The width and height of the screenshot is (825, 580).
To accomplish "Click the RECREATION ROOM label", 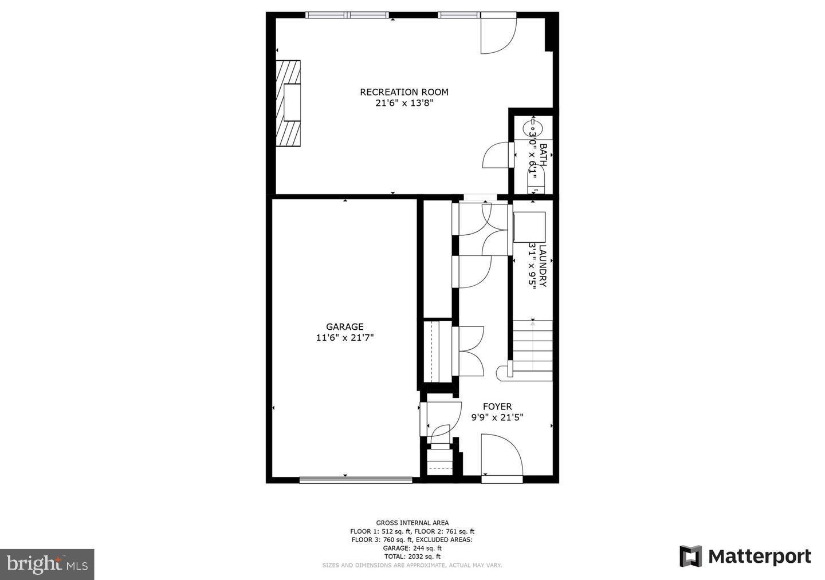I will pyautogui.click(x=404, y=92).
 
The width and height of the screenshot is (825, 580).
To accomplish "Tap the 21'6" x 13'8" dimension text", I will pyautogui.click(x=404, y=104).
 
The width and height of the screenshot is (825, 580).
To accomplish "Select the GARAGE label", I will pyautogui.click(x=345, y=327).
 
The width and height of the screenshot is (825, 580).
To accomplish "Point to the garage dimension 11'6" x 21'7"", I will pyautogui.click(x=345, y=338).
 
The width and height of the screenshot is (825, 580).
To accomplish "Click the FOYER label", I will pyautogui.click(x=497, y=407).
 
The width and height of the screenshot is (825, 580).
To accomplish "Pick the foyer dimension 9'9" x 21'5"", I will pyautogui.click(x=497, y=417).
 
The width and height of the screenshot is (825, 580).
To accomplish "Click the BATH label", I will pyautogui.click(x=543, y=155).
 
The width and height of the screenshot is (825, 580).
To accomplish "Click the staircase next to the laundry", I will pyautogui.click(x=533, y=349).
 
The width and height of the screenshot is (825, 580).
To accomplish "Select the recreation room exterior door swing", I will pyautogui.click(x=497, y=34).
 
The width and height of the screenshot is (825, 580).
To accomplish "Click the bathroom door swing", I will pyautogui.click(x=496, y=155).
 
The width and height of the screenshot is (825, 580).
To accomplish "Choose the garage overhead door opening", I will pyautogui.click(x=355, y=480).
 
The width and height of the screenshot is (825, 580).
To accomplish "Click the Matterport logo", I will pyautogui.click(x=745, y=557).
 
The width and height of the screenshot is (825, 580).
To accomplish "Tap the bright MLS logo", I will pyautogui.click(x=47, y=565).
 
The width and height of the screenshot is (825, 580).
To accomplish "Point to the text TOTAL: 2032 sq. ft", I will pyautogui.click(x=412, y=556).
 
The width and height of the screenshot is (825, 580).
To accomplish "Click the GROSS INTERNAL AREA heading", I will pyautogui.click(x=412, y=523).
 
